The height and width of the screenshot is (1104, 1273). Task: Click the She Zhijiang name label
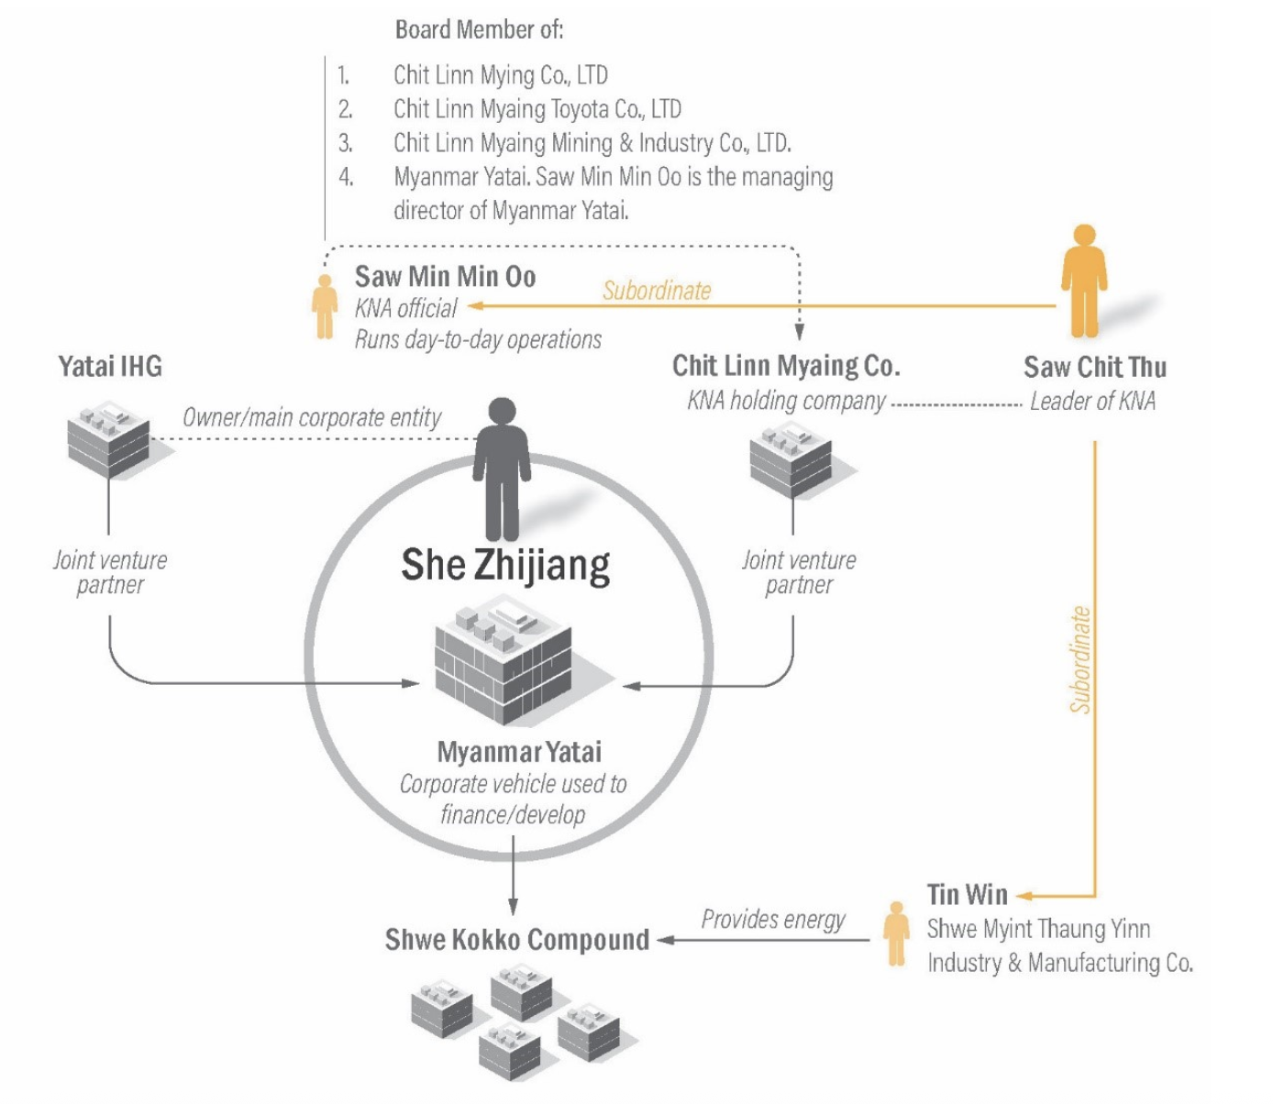[x=505, y=564]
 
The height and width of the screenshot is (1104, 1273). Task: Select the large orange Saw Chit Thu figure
[x=1084, y=281]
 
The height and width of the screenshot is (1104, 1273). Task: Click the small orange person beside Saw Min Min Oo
[x=324, y=306]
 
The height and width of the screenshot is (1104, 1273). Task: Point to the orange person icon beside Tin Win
[x=896, y=933]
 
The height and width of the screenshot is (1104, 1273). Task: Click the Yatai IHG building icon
[x=108, y=438]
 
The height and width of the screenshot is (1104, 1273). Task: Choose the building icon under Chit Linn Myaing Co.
[x=791, y=459]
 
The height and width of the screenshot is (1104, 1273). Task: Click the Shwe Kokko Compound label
[x=516, y=940]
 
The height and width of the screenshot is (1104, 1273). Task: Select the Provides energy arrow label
[x=773, y=919]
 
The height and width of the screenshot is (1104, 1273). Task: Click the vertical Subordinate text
[x=1081, y=659]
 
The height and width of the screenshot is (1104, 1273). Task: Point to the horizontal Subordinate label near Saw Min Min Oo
[x=657, y=291]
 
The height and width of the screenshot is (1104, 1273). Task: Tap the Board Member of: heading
[x=479, y=30]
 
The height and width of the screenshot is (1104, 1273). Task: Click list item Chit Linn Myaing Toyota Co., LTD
[x=537, y=109]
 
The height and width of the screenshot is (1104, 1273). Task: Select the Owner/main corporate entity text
[x=312, y=418]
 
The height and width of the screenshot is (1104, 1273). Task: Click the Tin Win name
[x=967, y=894]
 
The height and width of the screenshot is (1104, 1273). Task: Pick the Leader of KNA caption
[x=1092, y=401]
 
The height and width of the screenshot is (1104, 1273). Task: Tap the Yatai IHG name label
[x=110, y=367]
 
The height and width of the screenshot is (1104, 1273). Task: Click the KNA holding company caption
[x=786, y=401]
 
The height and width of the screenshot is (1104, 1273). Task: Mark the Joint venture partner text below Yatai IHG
[x=110, y=572]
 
